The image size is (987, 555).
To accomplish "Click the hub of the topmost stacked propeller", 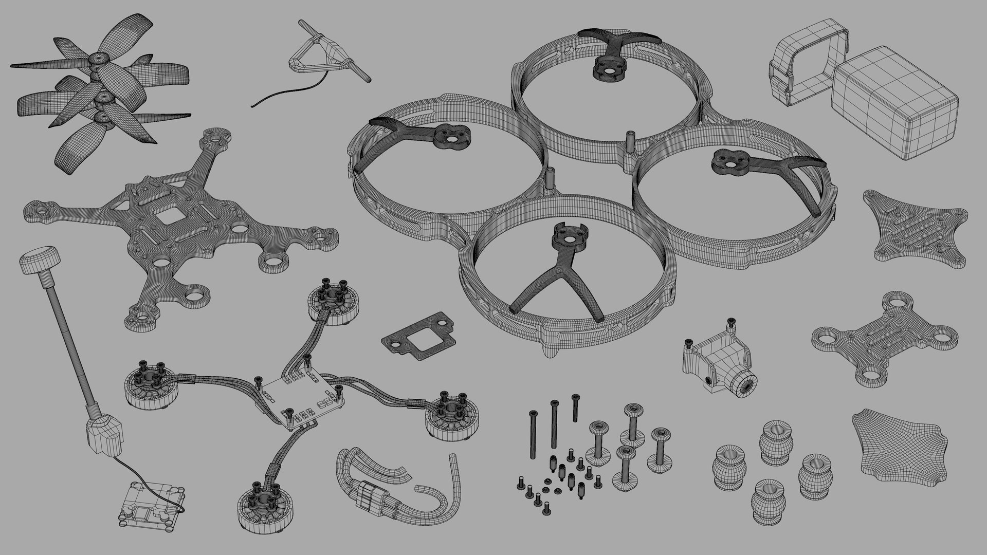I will pos(97,61).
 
